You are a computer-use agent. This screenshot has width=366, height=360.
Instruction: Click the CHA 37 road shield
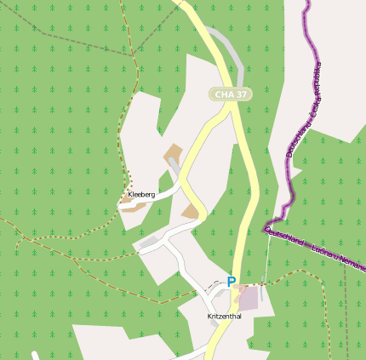click(231, 94)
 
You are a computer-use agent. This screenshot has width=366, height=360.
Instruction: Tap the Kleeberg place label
click(141, 195)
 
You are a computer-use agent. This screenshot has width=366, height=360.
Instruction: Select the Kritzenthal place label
click(225, 316)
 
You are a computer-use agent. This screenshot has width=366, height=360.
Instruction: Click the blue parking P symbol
click(231, 282)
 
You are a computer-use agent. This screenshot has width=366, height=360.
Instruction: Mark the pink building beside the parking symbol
click(248, 298)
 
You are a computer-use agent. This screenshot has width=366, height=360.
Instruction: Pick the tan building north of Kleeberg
click(174, 154)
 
